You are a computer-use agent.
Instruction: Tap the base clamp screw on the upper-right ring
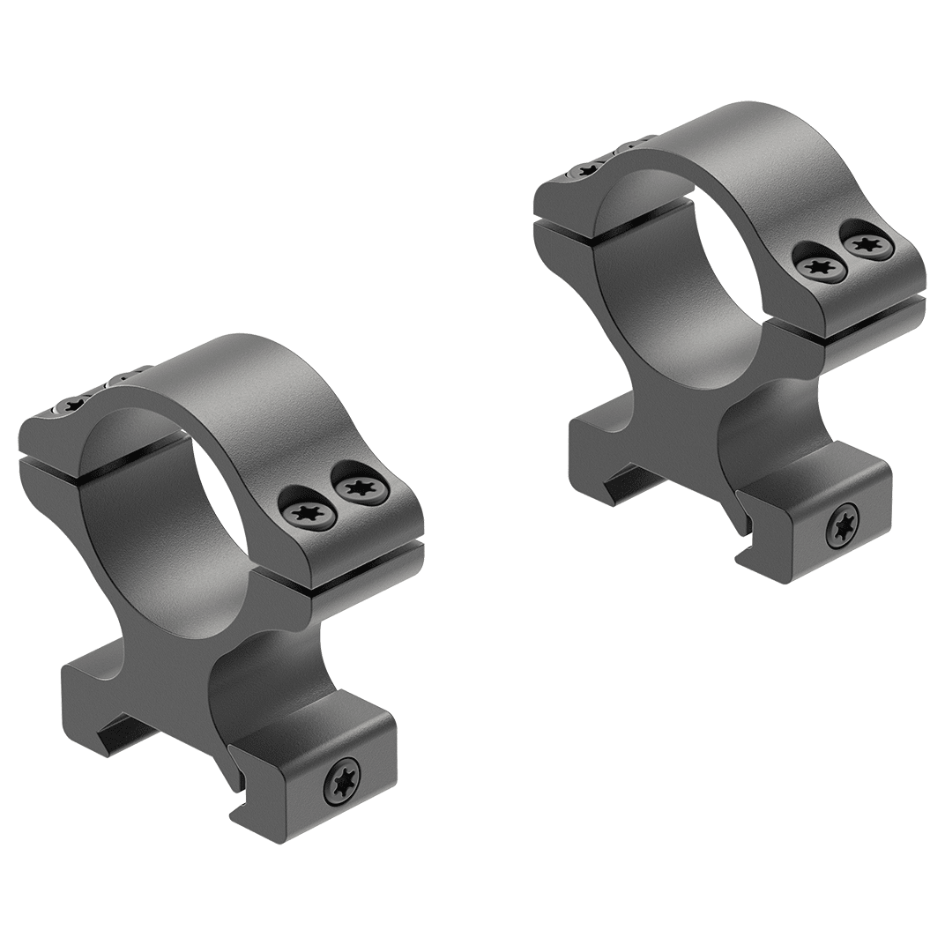click(x=845, y=528)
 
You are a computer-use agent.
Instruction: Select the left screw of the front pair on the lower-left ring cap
click(x=306, y=512)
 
